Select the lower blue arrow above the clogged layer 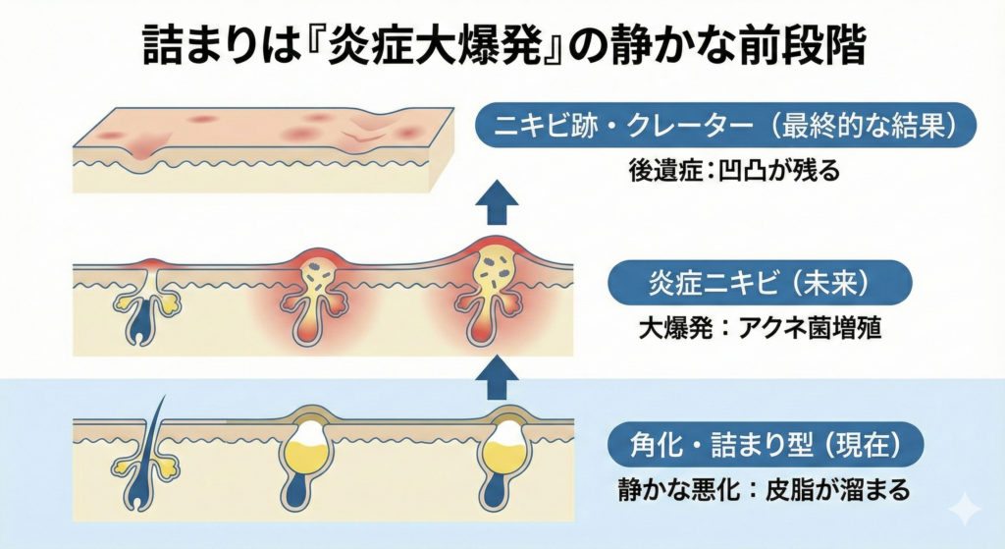pos(502,372)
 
